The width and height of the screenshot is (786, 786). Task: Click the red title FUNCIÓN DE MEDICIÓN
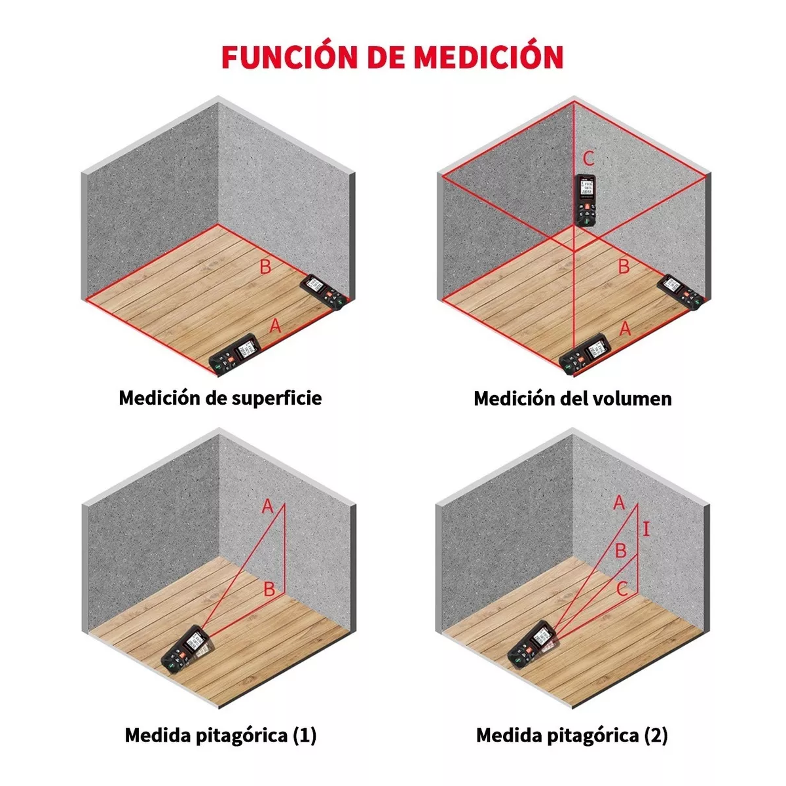click(392, 57)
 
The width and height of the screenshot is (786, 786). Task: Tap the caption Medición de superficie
click(220, 398)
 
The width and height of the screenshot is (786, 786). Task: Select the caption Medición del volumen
click(572, 398)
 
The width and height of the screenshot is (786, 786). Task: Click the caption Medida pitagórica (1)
click(221, 735)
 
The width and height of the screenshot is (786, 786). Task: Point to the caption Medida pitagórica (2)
click(572, 735)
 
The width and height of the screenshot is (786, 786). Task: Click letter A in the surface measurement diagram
click(276, 326)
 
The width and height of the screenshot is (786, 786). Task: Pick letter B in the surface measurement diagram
click(265, 267)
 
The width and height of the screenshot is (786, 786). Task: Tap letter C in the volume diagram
click(588, 159)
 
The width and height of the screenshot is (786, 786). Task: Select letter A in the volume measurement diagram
click(626, 328)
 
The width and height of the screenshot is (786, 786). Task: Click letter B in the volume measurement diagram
click(624, 267)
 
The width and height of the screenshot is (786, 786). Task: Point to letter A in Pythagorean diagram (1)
click(267, 506)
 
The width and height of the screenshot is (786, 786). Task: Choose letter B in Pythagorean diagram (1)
click(269, 589)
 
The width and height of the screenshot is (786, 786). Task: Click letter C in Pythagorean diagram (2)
click(622, 589)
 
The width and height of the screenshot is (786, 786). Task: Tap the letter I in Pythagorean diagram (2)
click(646, 529)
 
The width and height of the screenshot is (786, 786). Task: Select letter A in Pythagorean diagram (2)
click(619, 503)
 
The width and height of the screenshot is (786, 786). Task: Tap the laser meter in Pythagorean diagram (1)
click(189, 650)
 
